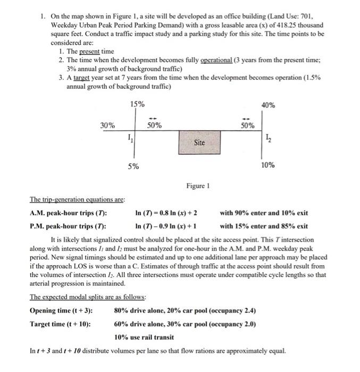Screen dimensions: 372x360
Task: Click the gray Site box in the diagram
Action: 199,142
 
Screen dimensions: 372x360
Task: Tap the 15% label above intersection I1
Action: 137,104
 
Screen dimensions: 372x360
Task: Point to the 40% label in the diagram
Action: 268,105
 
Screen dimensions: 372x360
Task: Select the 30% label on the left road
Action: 107,126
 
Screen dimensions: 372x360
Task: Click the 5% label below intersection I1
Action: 133,166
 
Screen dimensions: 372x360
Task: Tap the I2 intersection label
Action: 267,139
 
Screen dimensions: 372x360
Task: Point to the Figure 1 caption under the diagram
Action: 198,186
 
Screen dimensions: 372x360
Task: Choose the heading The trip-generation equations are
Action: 77,200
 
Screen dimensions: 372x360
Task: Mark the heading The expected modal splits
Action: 81,298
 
